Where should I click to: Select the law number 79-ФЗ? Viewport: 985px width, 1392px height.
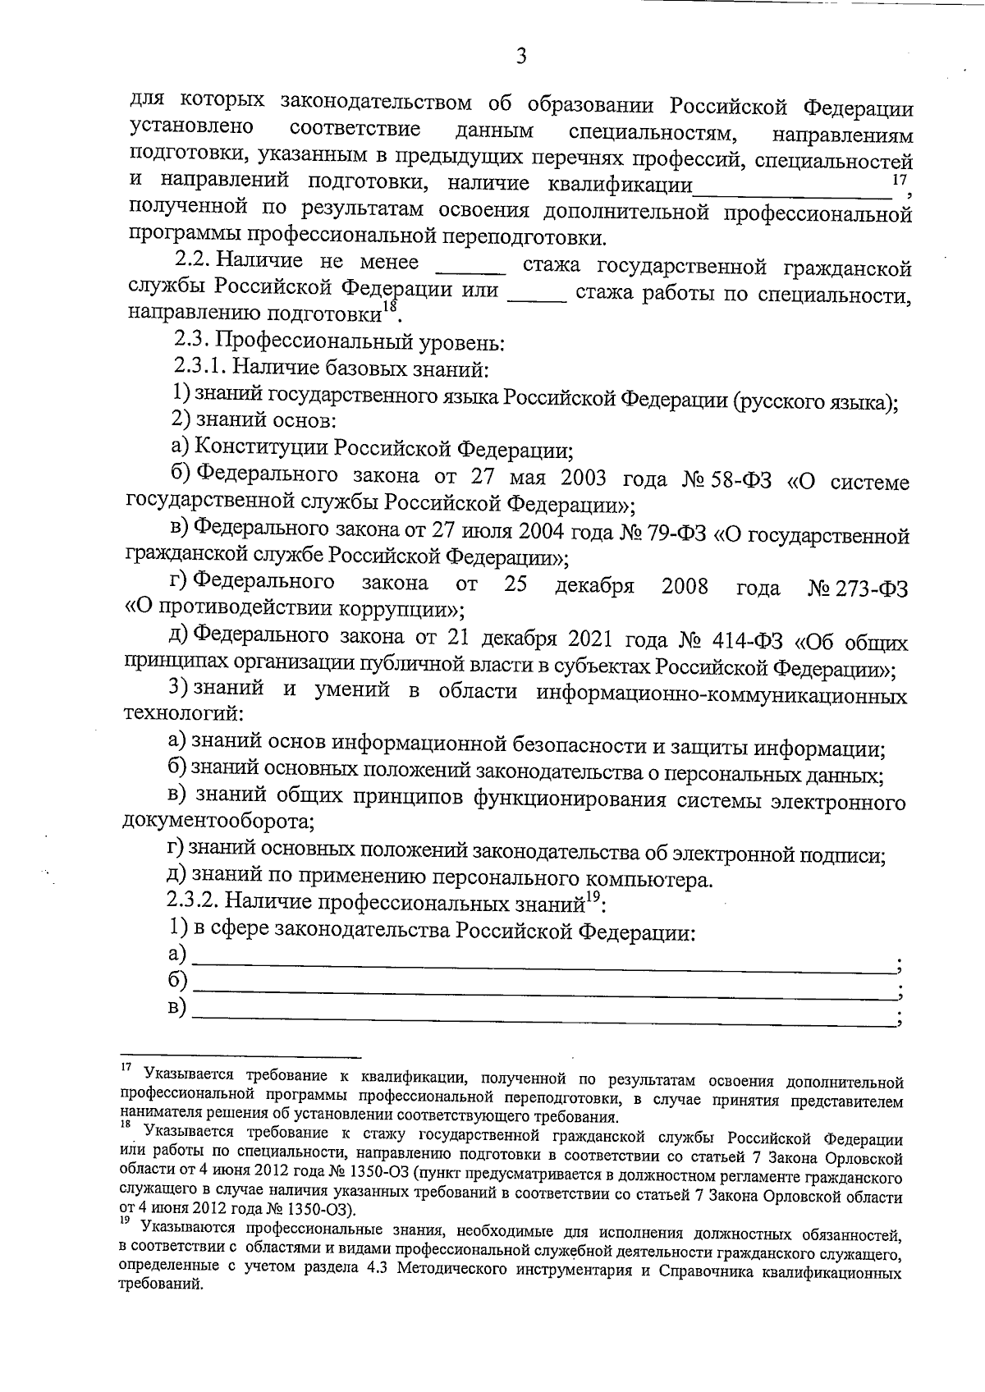[x=676, y=535]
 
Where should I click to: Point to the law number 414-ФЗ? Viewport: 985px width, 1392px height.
[x=750, y=640]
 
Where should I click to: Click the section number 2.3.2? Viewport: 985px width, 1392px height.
[x=193, y=902]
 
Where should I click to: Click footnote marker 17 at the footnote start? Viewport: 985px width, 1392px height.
[x=126, y=1068]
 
